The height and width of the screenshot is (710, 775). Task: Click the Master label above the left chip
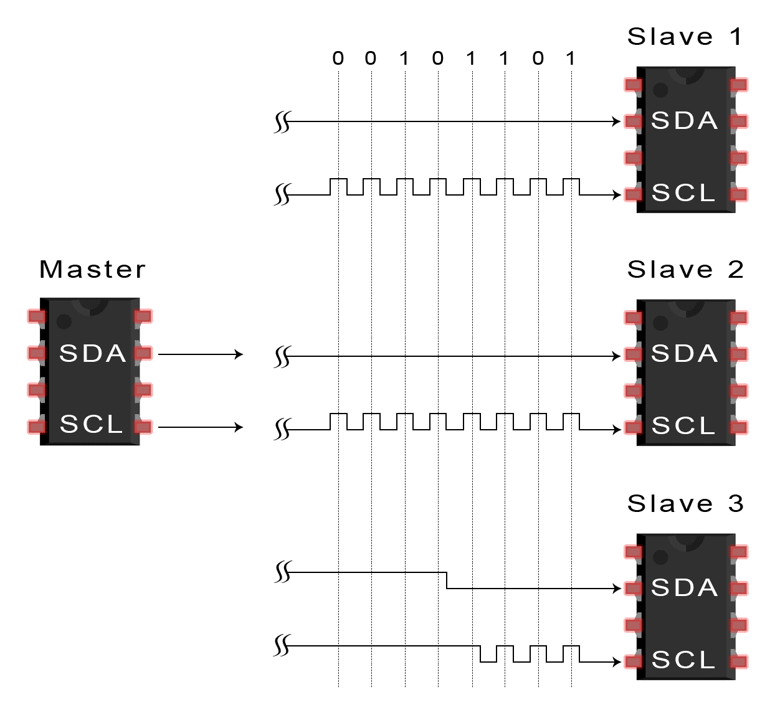pyautogui.click(x=92, y=270)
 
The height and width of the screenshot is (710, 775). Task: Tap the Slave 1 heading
pyautogui.click(x=684, y=37)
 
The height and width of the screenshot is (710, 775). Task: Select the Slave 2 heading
pyautogui.click(x=684, y=270)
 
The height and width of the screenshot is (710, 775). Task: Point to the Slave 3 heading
pyautogui.click(x=684, y=503)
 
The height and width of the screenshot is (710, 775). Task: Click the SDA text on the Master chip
pyautogui.click(x=92, y=354)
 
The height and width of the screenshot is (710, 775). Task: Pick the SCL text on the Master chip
pyautogui.click(x=91, y=425)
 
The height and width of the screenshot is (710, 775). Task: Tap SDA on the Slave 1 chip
pyautogui.click(x=684, y=121)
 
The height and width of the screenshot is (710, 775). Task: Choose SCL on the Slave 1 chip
pyautogui.click(x=683, y=193)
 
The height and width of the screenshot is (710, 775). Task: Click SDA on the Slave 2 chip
pyautogui.click(x=684, y=354)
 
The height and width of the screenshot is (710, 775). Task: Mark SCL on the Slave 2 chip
pyautogui.click(x=683, y=426)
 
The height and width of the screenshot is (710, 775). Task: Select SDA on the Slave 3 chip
pyautogui.click(x=684, y=588)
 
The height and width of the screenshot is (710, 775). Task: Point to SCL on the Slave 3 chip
pyautogui.click(x=683, y=660)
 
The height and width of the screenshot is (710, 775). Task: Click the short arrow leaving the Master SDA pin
pyautogui.click(x=200, y=354)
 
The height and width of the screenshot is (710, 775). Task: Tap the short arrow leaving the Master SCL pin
pyautogui.click(x=200, y=427)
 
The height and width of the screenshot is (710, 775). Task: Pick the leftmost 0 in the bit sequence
pyautogui.click(x=338, y=59)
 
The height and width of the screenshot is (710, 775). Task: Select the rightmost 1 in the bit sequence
pyautogui.click(x=571, y=59)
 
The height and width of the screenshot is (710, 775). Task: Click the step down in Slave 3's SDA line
pyautogui.click(x=447, y=580)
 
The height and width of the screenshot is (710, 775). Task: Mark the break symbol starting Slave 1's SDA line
pyautogui.click(x=282, y=122)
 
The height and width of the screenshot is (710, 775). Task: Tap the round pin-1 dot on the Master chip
pyautogui.click(x=64, y=322)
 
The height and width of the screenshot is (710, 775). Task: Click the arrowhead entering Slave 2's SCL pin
pyautogui.click(x=616, y=430)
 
